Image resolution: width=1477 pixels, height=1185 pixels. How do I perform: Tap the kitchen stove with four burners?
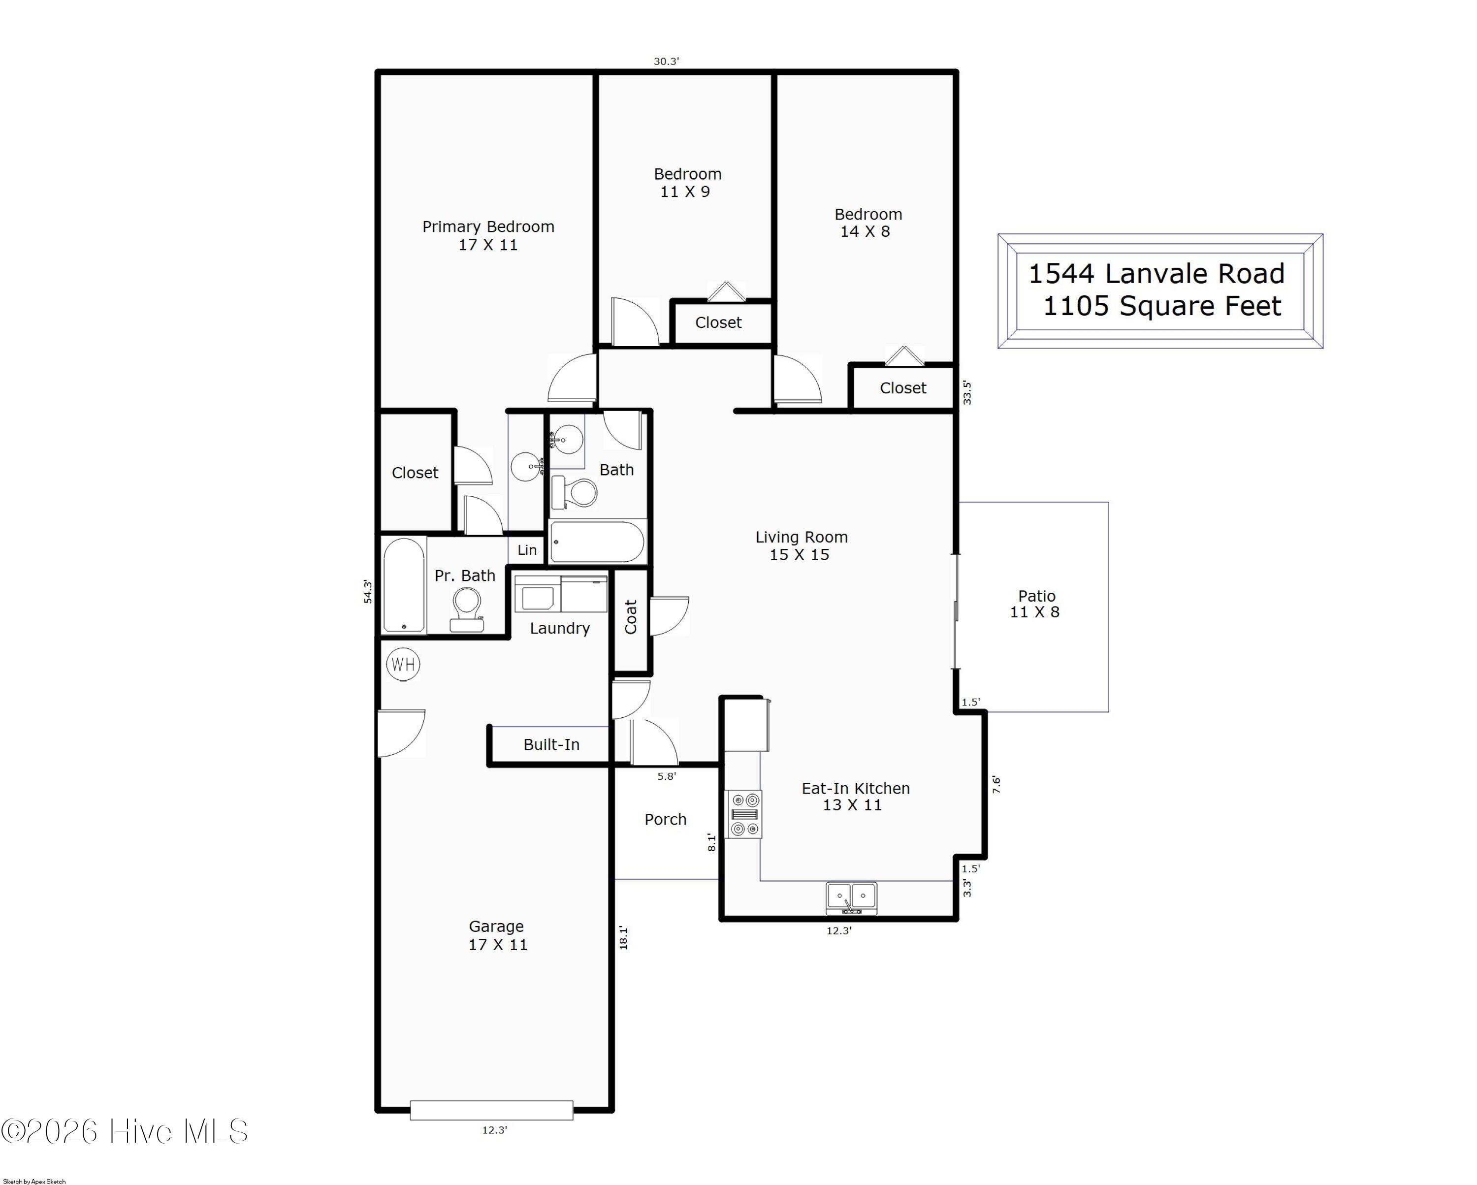(744, 814)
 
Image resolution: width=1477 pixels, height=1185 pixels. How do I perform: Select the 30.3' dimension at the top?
(666, 62)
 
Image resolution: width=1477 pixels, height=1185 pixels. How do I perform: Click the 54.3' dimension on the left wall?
(368, 591)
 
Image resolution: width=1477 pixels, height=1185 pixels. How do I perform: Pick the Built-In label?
(551, 744)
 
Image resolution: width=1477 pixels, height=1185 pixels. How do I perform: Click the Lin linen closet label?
(527, 550)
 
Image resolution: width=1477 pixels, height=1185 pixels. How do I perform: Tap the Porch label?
(665, 819)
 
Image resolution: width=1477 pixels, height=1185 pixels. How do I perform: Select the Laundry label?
(560, 628)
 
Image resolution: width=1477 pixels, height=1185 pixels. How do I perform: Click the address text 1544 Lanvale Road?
(1156, 274)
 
